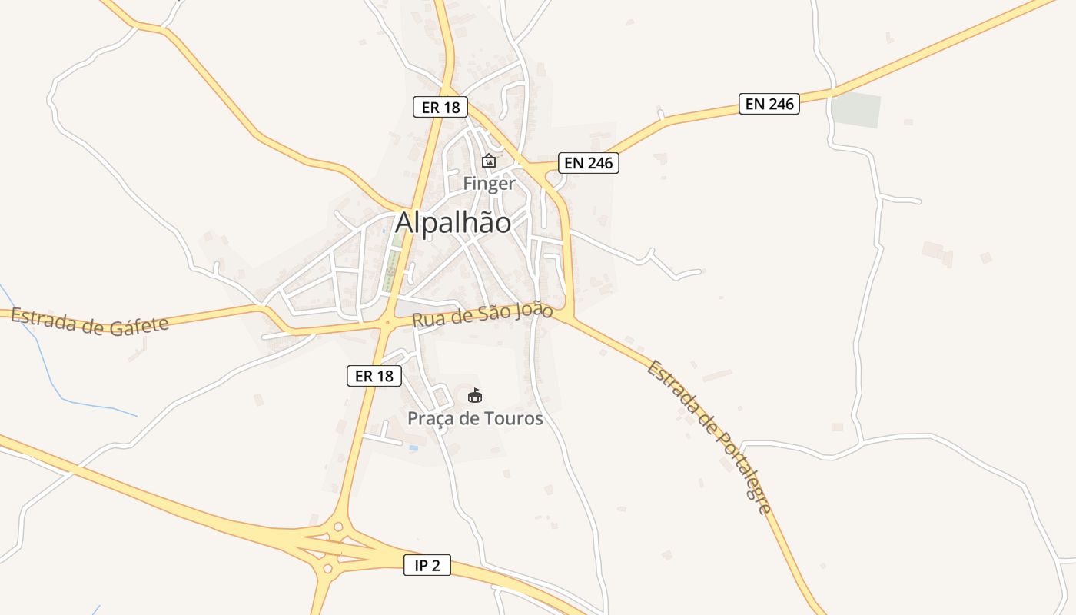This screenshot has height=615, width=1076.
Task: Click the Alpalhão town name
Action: pyautogui.click(x=453, y=222)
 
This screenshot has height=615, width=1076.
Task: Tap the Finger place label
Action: pyautogui.click(x=488, y=184)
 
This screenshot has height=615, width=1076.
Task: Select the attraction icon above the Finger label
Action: pyautogui.click(x=488, y=161)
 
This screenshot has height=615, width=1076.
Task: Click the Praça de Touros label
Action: pyautogui.click(x=475, y=419)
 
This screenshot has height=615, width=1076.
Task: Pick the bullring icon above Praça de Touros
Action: pyautogui.click(x=475, y=396)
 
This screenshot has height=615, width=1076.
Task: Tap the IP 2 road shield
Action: pyautogui.click(x=427, y=566)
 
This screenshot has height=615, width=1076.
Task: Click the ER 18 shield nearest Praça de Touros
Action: pyautogui.click(x=374, y=376)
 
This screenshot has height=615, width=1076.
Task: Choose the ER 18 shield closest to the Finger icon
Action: pyautogui.click(x=441, y=107)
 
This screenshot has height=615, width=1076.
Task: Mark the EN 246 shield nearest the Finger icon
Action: pyautogui.click(x=589, y=162)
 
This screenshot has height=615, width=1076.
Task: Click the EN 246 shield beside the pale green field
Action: pyautogui.click(x=769, y=104)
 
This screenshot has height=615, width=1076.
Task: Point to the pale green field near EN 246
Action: pyautogui.click(x=856, y=110)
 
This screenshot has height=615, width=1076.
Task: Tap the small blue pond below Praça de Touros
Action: pyautogui.click(x=414, y=447)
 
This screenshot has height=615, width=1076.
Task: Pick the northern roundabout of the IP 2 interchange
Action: pyautogui.click(x=337, y=527)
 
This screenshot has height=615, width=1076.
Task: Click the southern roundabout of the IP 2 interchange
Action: pyautogui.click(x=328, y=570)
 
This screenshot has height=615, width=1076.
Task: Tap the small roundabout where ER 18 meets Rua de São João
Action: pyautogui.click(x=387, y=324)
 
